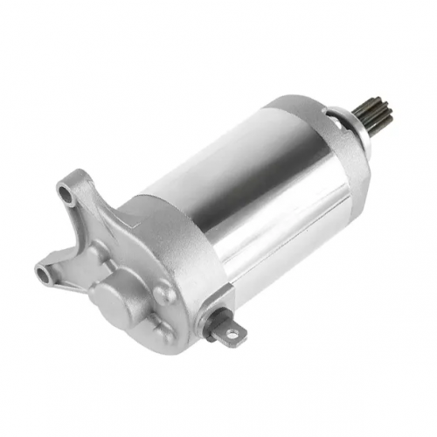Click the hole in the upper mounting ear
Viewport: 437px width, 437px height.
tap(66, 188)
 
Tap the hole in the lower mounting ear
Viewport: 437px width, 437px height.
tap(41, 273)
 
